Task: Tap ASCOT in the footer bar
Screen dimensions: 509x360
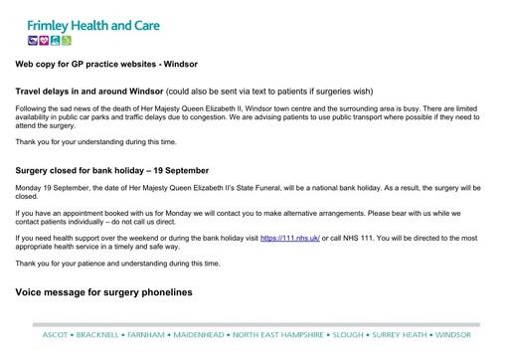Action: pyautogui.click(x=55, y=335)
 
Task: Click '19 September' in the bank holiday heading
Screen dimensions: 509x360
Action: pyautogui.click(x=179, y=171)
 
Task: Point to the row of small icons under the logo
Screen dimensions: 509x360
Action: pyautogui.click(x=50, y=41)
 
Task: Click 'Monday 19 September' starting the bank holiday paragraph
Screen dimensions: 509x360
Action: pyautogui.click(x=49, y=188)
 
